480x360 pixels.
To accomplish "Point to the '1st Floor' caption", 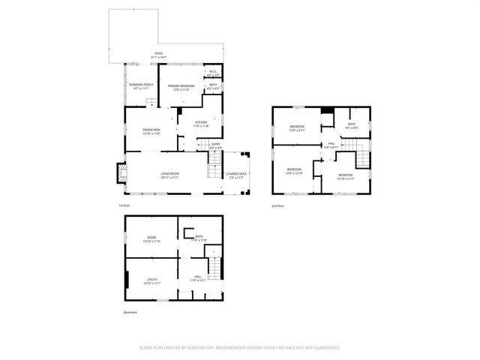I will (124, 205).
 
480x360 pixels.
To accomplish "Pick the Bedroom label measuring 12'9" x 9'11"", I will (297, 128).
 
